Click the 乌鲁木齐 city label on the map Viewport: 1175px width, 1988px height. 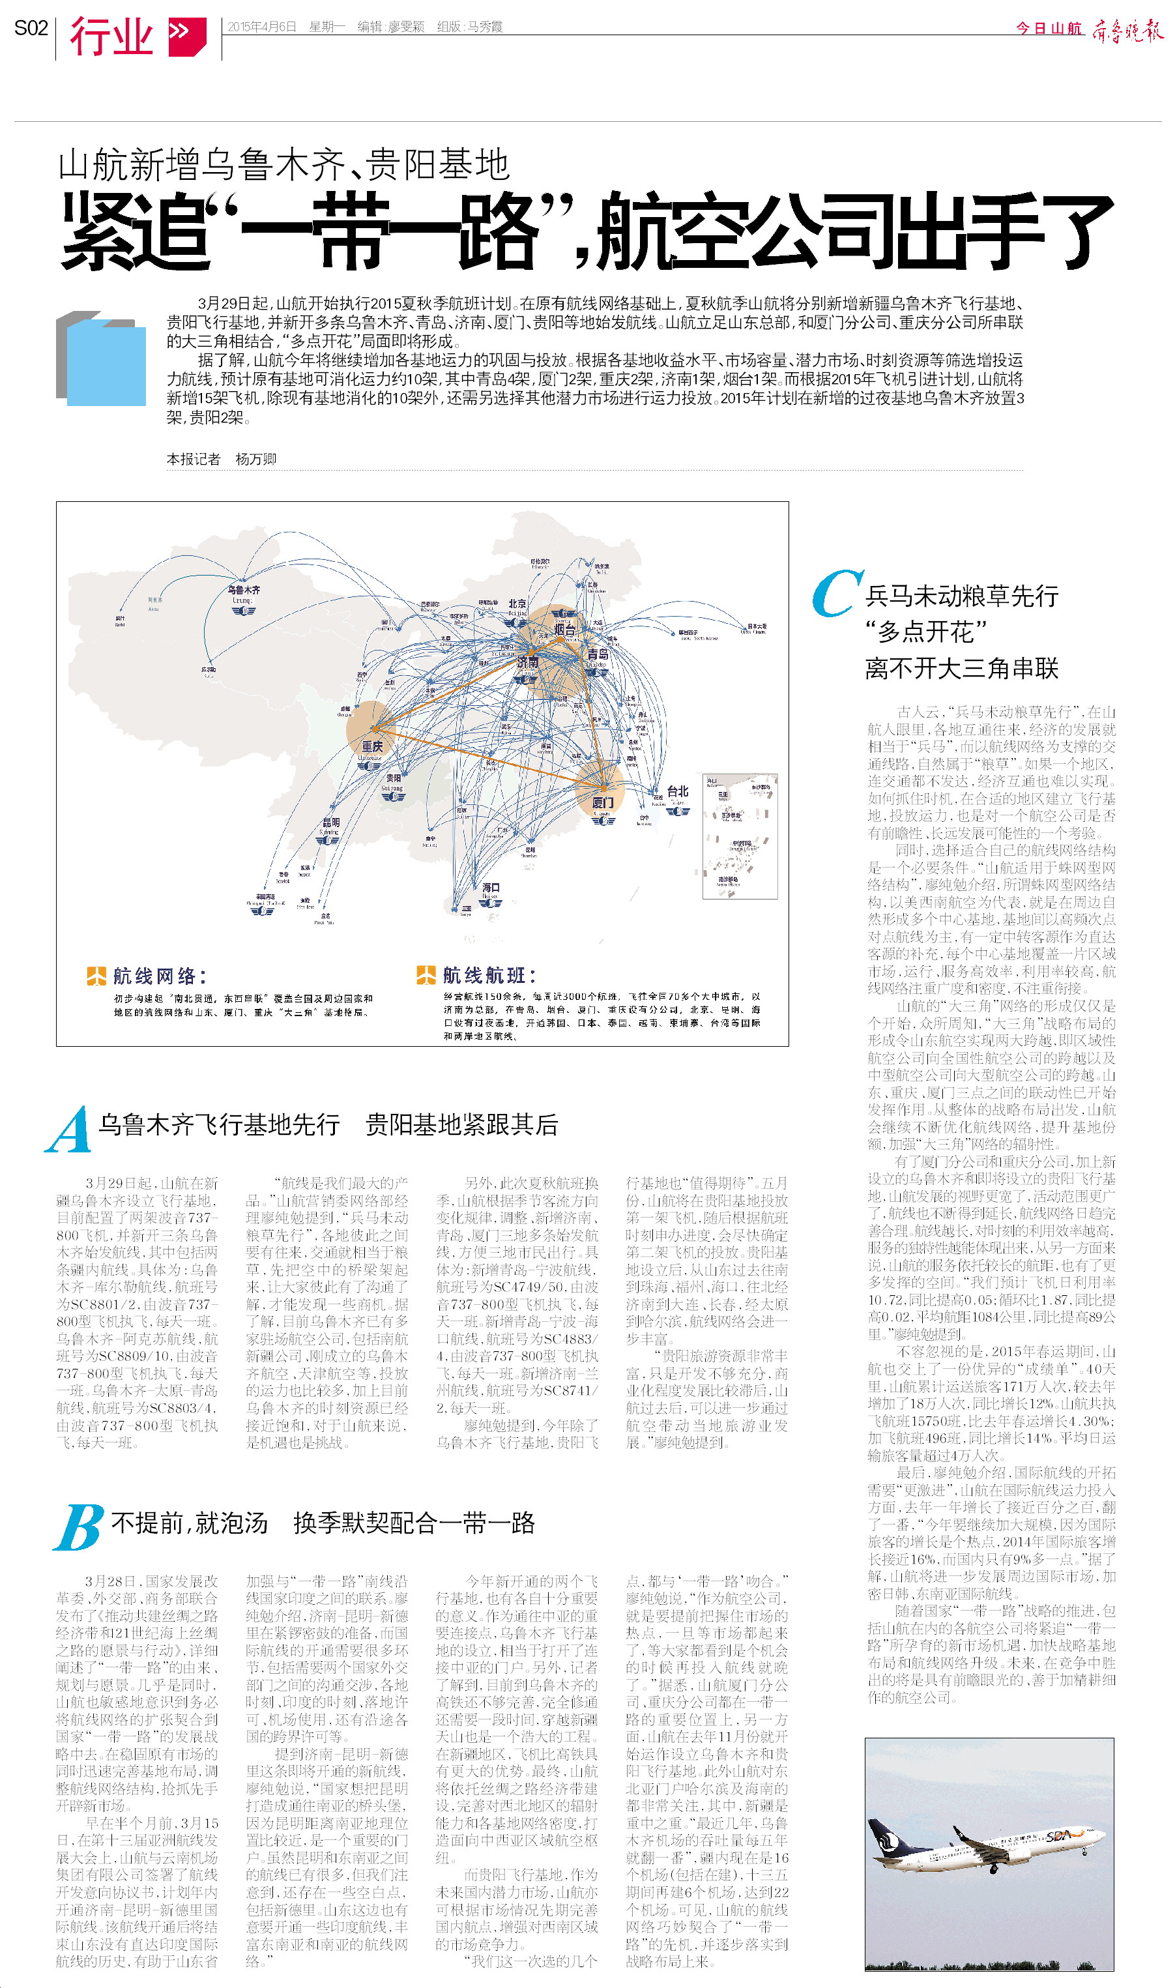[243, 590]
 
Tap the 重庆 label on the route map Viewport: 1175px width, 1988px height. [372, 746]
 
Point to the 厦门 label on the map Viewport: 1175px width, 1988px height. [603, 802]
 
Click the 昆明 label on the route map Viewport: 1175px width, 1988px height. [331, 823]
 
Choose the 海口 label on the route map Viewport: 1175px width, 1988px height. [491, 888]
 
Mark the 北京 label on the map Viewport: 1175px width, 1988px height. [517, 604]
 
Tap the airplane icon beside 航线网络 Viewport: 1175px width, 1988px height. [96, 975]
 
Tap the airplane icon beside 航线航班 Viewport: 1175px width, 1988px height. [426, 974]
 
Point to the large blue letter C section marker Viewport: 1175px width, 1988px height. [835, 593]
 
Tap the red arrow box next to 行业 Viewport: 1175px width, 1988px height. [187, 36]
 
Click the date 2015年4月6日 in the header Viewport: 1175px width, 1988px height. [261, 27]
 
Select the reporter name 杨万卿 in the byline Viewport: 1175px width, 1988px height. [255, 460]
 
